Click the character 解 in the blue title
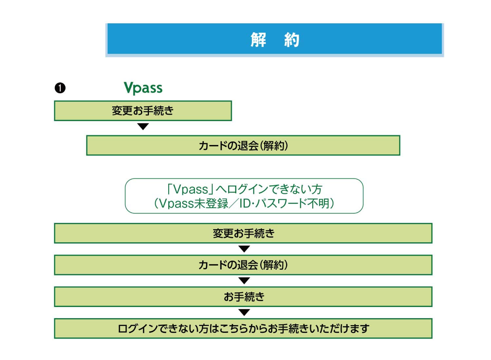click(259, 40)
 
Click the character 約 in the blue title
click(292, 40)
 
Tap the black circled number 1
click(60, 88)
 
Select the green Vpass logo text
click(143, 88)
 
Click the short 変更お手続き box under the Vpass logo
click(143, 111)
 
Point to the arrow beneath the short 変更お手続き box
click(143, 126)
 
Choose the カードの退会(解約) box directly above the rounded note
click(243, 146)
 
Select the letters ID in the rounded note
click(245, 204)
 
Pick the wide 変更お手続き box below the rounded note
click(243, 233)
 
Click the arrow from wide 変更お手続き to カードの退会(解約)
click(244, 249)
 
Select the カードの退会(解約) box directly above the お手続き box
click(243, 265)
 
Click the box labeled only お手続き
click(243, 297)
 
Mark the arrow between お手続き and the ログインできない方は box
click(244, 313)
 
